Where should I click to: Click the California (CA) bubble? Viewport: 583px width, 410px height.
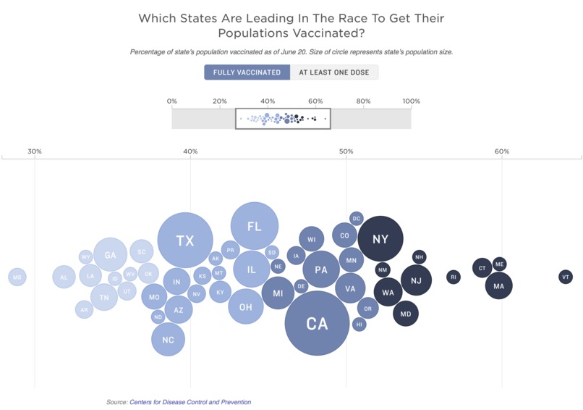pyautogui.click(x=317, y=323)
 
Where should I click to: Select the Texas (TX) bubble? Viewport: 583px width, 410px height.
pyautogui.click(x=185, y=240)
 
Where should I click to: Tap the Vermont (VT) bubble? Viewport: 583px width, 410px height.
pyautogui.click(x=566, y=277)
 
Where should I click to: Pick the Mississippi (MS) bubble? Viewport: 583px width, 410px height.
pyautogui.click(x=17, y=277)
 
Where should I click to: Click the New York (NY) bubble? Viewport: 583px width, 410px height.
pyautogui.click(x=380, y=239)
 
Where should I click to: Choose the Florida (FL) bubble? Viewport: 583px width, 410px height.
pyautogui.click(x=254, y=226)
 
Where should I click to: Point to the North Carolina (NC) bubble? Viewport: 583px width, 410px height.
pyautogui.click(x=168, y=340)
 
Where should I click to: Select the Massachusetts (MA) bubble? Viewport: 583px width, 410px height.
pyautogui.click(x=498, y=286)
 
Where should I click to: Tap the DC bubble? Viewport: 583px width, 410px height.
pyautogui.click(x=356, y=218)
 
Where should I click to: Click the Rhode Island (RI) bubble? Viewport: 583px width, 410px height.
pyautogui.click(x=453, y=277)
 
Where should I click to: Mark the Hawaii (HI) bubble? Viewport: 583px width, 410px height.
pyautogui.click(x=359, y=325)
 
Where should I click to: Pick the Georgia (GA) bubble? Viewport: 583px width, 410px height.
pyautogui.click(x=110, y=255)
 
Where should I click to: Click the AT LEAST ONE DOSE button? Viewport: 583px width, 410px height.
pyautogui.click(x=334, y=72)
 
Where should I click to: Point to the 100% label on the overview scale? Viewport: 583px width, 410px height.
pyautogui.click(x=411, y=101)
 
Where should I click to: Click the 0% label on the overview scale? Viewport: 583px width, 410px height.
pyautogui.click(x=172, y=101)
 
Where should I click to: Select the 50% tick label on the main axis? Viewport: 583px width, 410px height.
pyautogui.click(x=346, y=151)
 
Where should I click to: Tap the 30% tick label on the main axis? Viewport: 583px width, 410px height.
pyautogui.click(x=35, y=151)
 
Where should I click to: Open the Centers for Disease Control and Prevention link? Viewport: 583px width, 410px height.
pyautogui.click(x=190, y=402)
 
